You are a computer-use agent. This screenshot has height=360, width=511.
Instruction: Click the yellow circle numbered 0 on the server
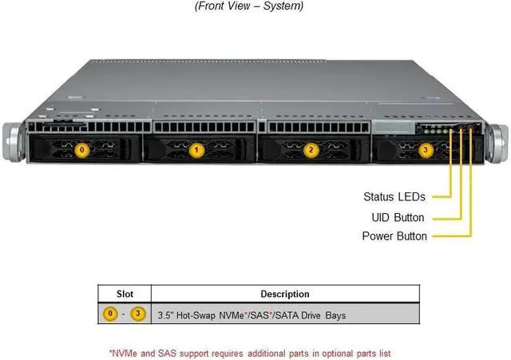(x=79, y=148)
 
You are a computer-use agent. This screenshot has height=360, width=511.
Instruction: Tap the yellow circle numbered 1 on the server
(x=197, y=148)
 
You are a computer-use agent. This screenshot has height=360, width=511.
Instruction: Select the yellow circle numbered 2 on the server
(x=311, y=149)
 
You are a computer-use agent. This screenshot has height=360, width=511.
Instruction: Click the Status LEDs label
(x=394, y=196)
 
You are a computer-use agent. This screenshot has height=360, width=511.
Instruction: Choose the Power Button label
(x=394, y=236)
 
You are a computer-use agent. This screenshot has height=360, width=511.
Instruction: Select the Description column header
(x=284, y=294)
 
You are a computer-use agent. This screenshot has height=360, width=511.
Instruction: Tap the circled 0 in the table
(x=112, y=315)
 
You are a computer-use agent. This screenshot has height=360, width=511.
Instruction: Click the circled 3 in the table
(x=137, y=315)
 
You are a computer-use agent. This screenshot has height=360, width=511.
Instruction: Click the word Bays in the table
(x=335, y=316)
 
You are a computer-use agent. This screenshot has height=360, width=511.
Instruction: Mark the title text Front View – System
(x=250, y=6)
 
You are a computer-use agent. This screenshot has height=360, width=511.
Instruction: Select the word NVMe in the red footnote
(x=125, y=352)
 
